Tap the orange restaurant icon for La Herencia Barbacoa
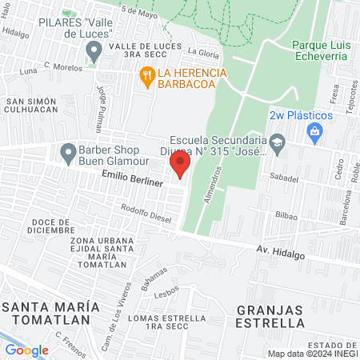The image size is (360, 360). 146,77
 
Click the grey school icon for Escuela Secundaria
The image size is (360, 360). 278,144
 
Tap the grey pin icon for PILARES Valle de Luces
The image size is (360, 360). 94,54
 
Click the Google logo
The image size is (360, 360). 26,350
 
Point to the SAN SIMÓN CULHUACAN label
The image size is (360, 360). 31,107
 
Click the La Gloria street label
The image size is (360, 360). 203,51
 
